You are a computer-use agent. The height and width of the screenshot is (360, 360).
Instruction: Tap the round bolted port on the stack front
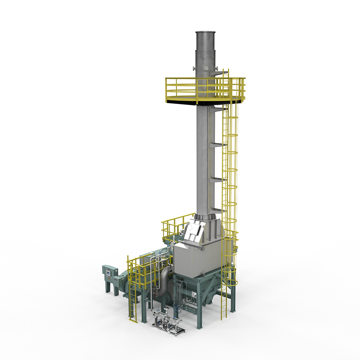click(206, 68)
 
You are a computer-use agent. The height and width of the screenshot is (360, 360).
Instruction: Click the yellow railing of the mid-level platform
click(176, 225)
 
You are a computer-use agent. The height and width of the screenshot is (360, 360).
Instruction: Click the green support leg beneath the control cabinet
click(108, 288)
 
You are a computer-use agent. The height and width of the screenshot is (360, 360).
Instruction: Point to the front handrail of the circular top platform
click(202, 88)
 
